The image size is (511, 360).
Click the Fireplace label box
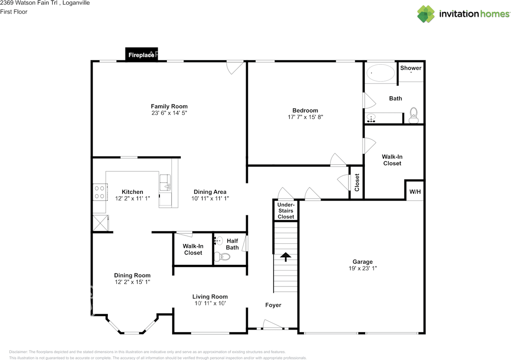(141, 55)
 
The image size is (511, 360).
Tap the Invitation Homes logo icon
(426, 14)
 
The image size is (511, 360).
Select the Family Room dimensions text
(169, 113)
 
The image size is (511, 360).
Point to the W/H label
(415, 192)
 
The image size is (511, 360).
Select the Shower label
(411, 68)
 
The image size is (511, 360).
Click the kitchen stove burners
(100, 192)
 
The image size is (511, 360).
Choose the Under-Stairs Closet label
(286, 211)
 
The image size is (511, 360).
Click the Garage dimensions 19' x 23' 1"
(362, 269)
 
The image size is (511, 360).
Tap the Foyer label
(273, 305)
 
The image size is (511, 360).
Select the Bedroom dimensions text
(305, 117)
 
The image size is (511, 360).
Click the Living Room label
(210, 296)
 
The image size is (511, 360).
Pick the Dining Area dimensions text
(210, 198)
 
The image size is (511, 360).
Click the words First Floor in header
(14, 12)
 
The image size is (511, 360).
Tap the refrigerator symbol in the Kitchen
(101, 223)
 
